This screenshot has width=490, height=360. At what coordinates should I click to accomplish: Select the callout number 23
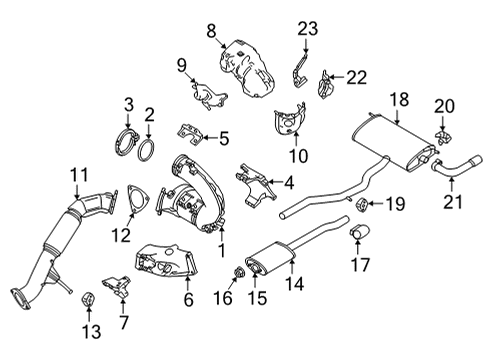[x=306, y=28]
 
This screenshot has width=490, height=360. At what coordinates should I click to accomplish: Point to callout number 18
[x=400, y=98]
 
